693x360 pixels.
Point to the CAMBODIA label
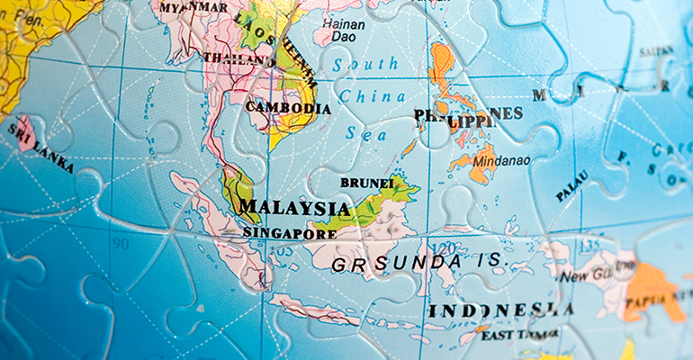pyautogui.click(x=288, y=108)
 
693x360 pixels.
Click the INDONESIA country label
pyautogui.click(x=500, y=310)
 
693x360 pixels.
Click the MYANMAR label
pyautogui.click(x=193, y=8)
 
